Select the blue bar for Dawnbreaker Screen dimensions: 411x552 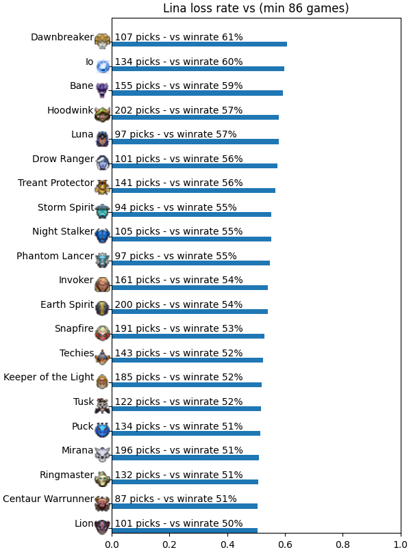coord(199,44)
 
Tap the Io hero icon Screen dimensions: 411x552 coord(103,66)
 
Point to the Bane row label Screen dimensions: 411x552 coord(82,86)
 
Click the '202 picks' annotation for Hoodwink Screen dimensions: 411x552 coord(138,111)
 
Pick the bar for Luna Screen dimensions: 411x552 coord(195,142)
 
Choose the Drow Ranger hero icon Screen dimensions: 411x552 coord(103,163)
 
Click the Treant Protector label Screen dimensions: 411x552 coord(56,183)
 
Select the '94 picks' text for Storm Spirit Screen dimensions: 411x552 coord(134,208)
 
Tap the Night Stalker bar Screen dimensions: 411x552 coord(191,239)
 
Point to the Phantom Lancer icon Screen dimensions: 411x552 coord(103,260)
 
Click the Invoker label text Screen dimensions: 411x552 coord(76,280)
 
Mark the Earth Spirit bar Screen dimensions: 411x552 coord(190,311)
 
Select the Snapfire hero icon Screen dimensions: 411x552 coord(103,333)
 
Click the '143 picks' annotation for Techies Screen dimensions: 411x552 coord(138,353)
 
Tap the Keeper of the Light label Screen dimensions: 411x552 coord(49,377)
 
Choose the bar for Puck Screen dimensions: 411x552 coord(186,434)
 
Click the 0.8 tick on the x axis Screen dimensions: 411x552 coord(343,544)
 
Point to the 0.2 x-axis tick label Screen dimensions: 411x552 coord(170,544)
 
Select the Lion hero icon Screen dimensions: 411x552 coord(103,527)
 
